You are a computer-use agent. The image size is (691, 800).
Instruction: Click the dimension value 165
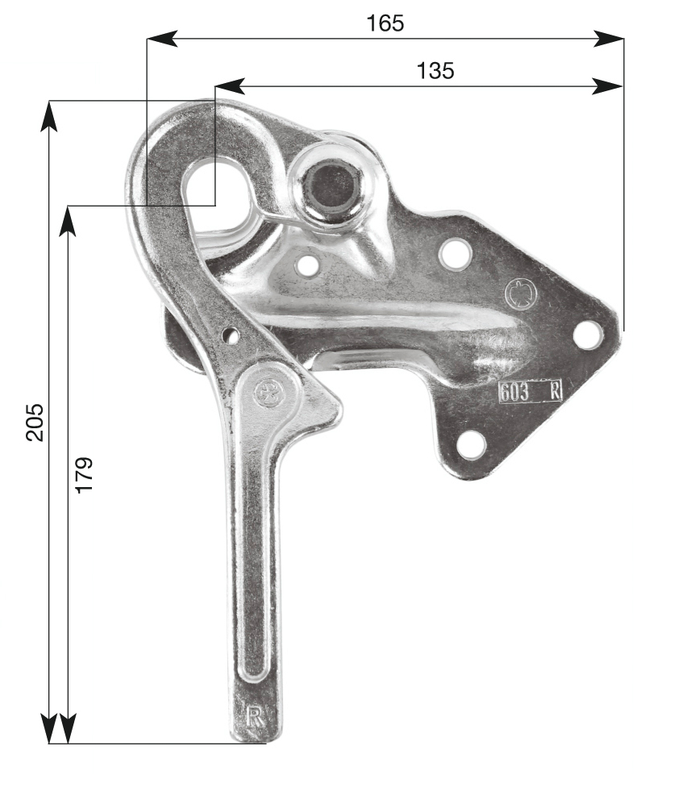click(x=385, y=23)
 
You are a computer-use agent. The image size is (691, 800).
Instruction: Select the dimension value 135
click(x=435, y=70)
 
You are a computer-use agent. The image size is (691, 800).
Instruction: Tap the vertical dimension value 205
click(x=35, y=422)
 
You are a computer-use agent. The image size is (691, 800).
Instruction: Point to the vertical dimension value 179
click(x=84, y=475)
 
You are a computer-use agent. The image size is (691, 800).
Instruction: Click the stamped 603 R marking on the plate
click(x=530, y=392)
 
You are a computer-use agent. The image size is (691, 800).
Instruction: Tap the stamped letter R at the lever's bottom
click(x=255, y=716)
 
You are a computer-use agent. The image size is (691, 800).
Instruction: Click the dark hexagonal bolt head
click(x=331, y=185)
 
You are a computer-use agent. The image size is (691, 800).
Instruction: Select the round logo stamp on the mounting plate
click(x=521, y=294)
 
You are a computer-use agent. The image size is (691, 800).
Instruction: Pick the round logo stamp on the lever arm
click(x=267, y=392)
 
